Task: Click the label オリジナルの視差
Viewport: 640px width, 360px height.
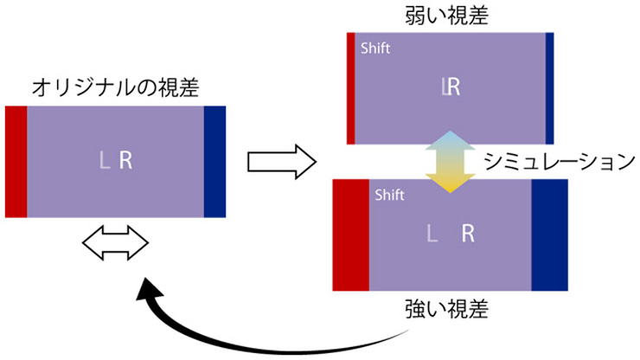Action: [115, 87]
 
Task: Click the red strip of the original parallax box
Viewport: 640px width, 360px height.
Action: [16, 161]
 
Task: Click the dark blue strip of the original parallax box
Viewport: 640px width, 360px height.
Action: [214, 161]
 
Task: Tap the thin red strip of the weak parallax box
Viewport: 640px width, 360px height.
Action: [350, 87]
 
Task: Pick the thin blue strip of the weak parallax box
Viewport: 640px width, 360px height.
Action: [550, 87]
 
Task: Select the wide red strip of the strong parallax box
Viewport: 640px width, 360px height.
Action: [350, 235]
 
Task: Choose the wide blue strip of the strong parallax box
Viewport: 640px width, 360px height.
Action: [550, 235]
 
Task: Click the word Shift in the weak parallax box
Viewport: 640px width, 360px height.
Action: [374, 48]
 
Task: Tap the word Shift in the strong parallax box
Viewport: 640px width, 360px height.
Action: [390, 196]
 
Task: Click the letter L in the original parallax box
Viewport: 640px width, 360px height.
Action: [105, 160]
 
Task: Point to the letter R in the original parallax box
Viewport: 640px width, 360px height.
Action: [126, 160]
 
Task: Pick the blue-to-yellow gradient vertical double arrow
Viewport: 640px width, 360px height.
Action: [450, 161]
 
